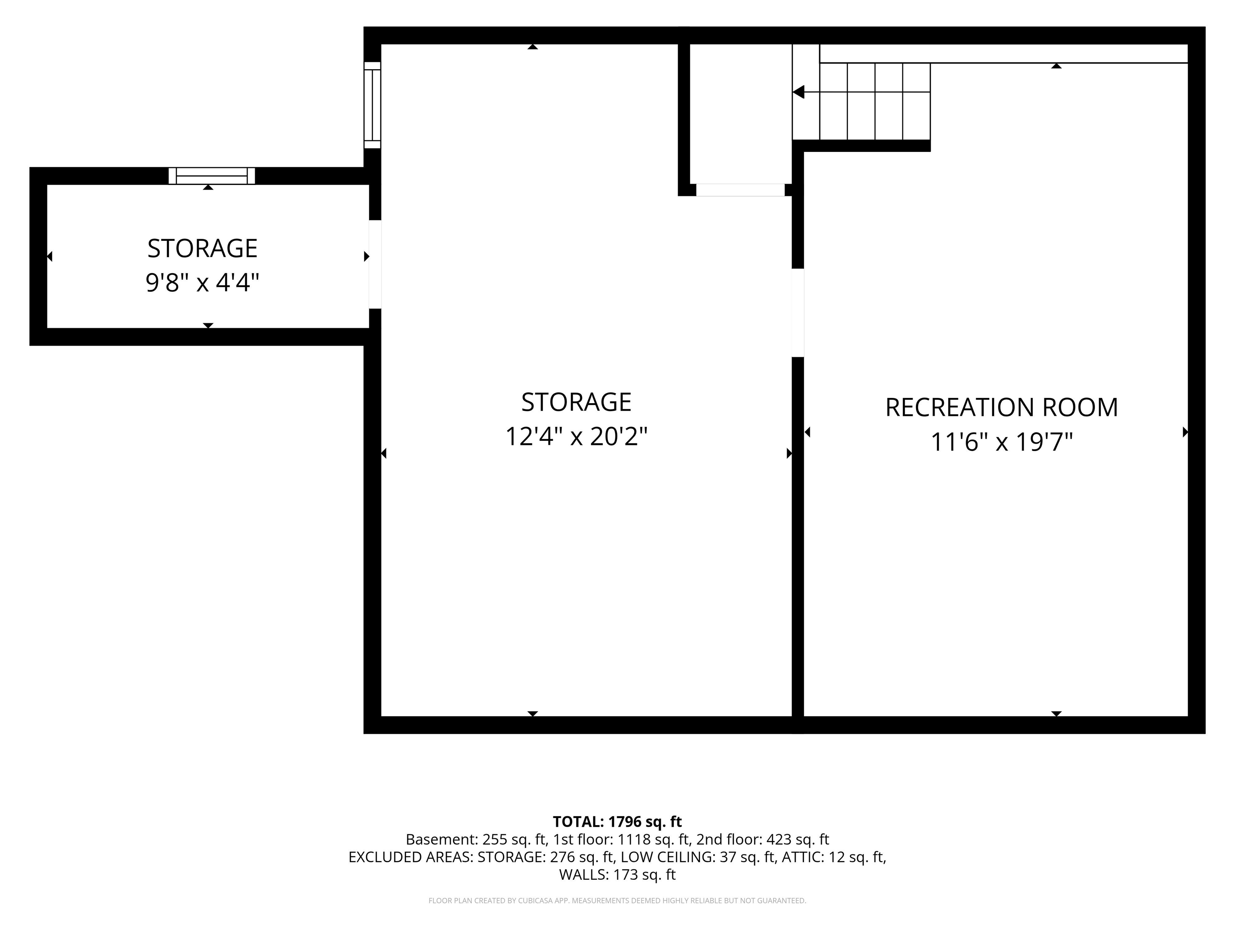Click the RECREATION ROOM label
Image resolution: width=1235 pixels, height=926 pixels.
pos(1001,408)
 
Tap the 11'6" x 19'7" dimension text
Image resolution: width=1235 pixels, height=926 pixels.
pos(1001,442)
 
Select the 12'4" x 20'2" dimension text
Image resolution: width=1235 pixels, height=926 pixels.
pos(576,436)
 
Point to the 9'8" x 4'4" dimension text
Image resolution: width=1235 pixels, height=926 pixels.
pos(203,283)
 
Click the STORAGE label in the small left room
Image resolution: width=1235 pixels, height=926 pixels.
pos(203,248)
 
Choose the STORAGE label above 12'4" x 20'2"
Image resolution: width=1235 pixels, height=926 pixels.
pos(576,402)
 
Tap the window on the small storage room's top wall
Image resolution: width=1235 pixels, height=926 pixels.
pos(211,176)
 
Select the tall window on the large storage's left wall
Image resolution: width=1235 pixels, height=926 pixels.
pos(372,105)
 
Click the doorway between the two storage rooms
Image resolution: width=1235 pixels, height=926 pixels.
pos(375,264)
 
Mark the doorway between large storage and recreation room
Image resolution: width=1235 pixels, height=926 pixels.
pos(798,313)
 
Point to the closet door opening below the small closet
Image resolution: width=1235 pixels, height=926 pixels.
pos(741,190)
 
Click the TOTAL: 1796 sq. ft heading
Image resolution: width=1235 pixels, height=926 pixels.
pos(617,822)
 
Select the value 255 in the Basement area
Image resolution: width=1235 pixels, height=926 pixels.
pos(494,840)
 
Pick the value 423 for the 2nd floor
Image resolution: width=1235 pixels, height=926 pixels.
pos(778,840)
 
